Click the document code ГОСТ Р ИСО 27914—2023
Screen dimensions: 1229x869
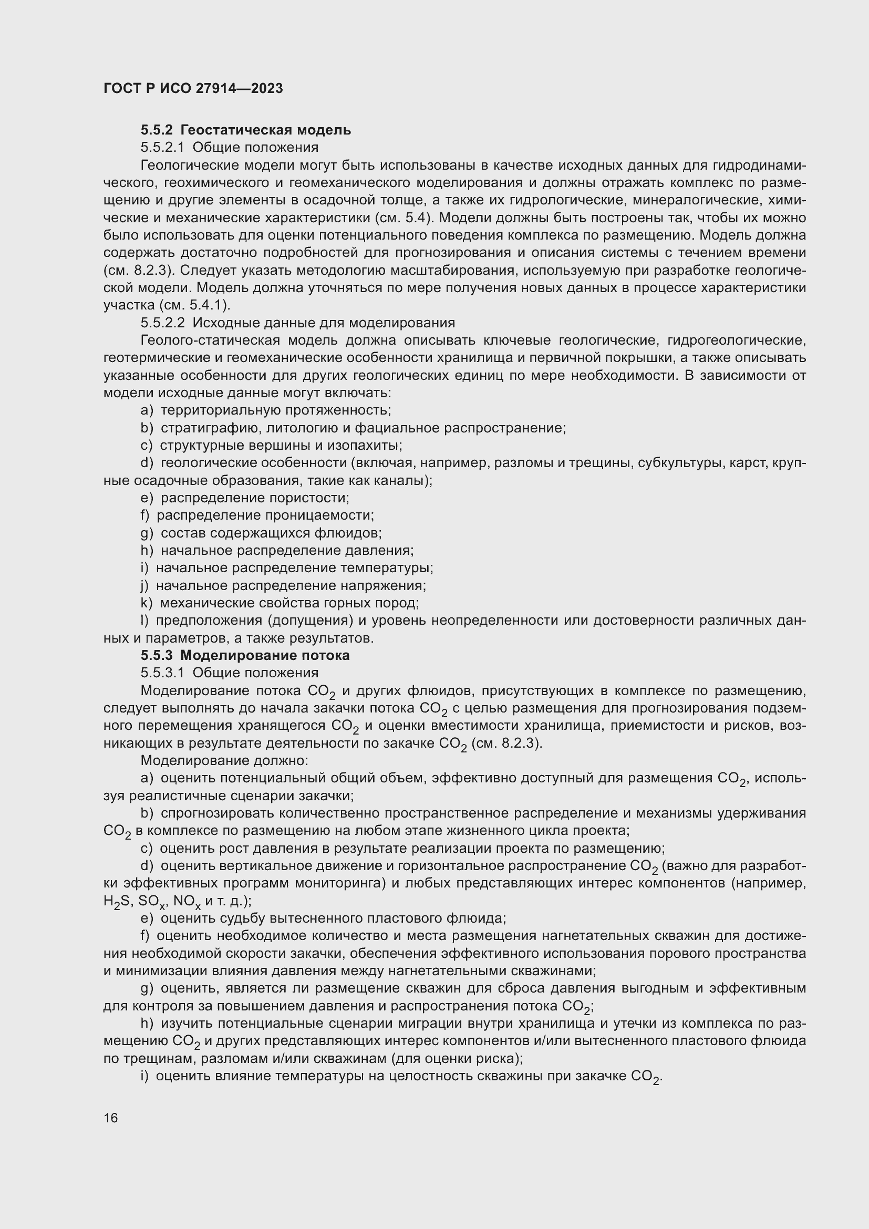193,88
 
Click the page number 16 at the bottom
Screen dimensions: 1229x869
111,1118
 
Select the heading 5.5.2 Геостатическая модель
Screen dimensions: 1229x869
245,130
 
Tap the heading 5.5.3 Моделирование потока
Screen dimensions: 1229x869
245,655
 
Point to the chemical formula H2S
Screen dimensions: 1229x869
118,901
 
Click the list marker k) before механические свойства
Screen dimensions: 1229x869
146,603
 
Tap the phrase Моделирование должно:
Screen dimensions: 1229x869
224,760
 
